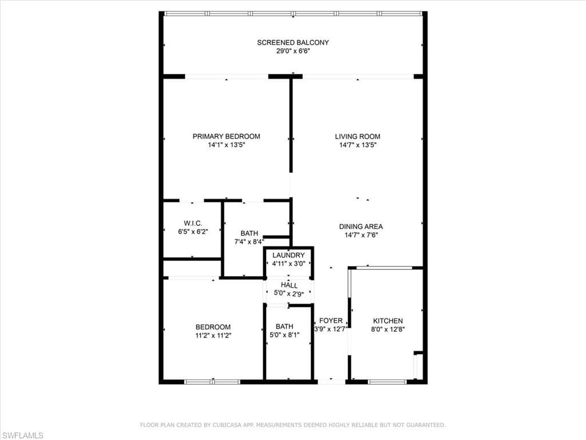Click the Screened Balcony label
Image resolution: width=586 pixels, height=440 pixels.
tap(292, 42)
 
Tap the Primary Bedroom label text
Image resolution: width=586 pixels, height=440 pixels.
tap(226, 136)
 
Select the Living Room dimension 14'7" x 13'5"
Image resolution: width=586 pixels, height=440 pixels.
tap(358, 145)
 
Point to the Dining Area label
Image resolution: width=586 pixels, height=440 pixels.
tap(361, 226)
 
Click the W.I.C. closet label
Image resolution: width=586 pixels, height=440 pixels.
tap(192, 223)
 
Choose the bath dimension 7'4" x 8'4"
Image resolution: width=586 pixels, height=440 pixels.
tap(249, 242)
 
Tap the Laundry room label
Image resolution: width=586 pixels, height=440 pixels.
tap(288, 256)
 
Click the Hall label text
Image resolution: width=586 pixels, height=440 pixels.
tap(289, 285)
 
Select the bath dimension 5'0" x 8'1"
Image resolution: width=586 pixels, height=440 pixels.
tap(284, 335)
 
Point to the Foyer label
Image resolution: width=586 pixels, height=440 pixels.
tap(331, 321)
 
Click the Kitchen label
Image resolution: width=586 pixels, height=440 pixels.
tap(388, 321)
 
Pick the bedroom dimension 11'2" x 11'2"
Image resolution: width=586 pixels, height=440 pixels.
tap(213, 335)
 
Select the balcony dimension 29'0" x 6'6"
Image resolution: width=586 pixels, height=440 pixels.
tap(292, 51)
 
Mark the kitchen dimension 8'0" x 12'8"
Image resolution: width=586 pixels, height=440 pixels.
tap(388, 329)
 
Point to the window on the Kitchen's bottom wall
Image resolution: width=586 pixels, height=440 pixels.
tap(387, 382)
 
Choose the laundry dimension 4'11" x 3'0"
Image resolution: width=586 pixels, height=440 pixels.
tap(288, 264)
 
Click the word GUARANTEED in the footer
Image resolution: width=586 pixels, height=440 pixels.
tap(423, 425)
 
